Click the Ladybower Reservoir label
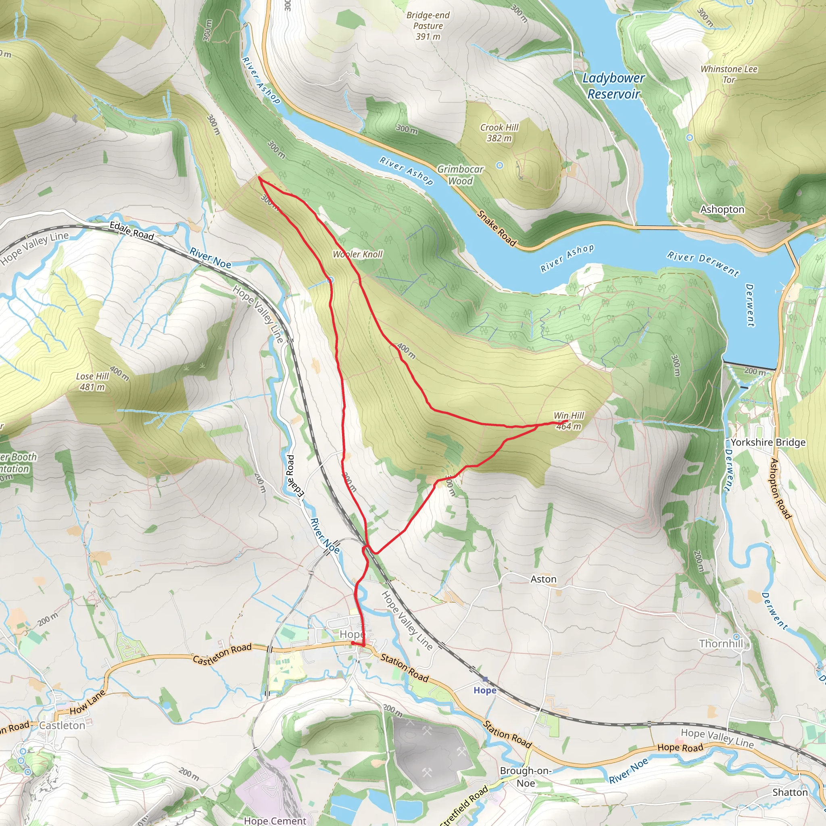[613, 86]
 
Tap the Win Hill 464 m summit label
[569, 421]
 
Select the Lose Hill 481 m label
[92, 382]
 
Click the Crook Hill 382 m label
[499, 133]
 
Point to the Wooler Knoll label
[357, 254]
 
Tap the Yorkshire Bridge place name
[768, 442]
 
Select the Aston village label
[543, 579]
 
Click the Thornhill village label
[721, 643]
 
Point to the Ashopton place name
[722, 209]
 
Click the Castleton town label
[62, 725]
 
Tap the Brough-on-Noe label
[526, 776]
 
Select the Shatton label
[790, 792]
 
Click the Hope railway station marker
[485, 679]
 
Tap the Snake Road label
[497, 228]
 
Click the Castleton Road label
[222, 653]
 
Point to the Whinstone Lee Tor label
[728, 74]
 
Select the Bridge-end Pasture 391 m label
[428, 26]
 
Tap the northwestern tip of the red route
[259, 177]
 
